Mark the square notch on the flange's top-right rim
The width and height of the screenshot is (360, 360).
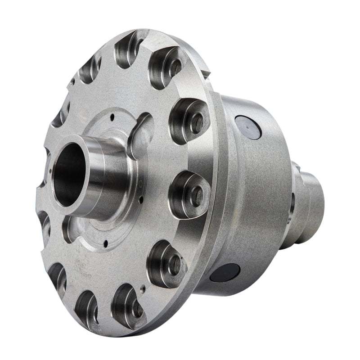(205, 72)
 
